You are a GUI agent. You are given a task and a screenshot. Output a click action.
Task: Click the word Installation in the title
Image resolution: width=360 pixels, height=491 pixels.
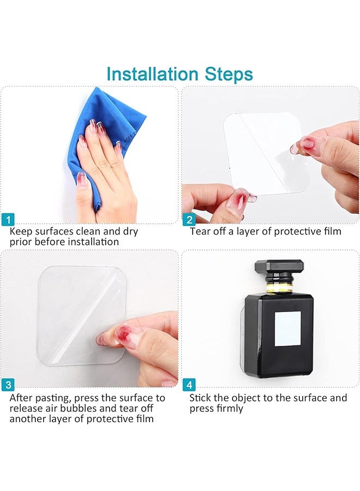[152, 74]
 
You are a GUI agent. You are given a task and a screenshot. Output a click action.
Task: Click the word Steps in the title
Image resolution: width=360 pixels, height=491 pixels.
[229, 75]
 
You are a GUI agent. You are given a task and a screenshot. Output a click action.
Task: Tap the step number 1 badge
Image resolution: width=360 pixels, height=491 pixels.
[8, 220]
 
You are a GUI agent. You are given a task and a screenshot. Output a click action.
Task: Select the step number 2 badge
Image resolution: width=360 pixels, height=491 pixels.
[189, 220]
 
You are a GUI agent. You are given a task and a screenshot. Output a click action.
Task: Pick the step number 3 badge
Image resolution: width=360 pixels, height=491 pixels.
[8, 385]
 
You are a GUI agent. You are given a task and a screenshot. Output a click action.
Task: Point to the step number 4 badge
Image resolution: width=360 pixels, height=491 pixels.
[189, 385]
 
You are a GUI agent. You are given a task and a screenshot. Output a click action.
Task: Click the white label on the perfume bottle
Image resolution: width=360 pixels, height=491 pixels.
[287, 328]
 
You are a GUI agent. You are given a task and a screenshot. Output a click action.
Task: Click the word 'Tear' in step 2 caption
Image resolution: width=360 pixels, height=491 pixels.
[200, 231]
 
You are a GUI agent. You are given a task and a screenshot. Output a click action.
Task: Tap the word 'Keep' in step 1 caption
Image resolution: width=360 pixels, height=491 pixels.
[21, 232]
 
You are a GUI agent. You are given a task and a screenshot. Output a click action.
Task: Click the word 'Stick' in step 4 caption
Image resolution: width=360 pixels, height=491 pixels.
[200, 398]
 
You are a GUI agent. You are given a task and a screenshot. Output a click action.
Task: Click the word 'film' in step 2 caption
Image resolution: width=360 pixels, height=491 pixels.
[332, 231]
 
